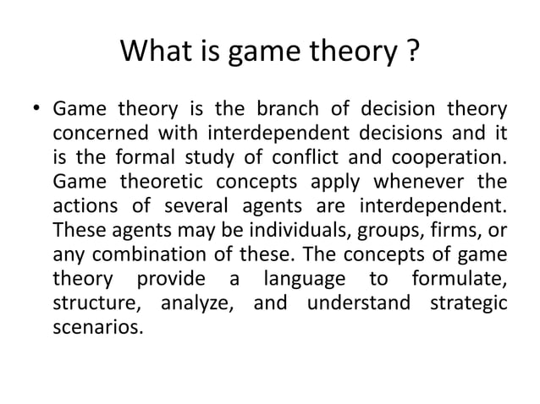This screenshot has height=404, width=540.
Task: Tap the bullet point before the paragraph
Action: [x=36, y=111]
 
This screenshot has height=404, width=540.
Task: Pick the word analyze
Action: [x=196, y=301]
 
